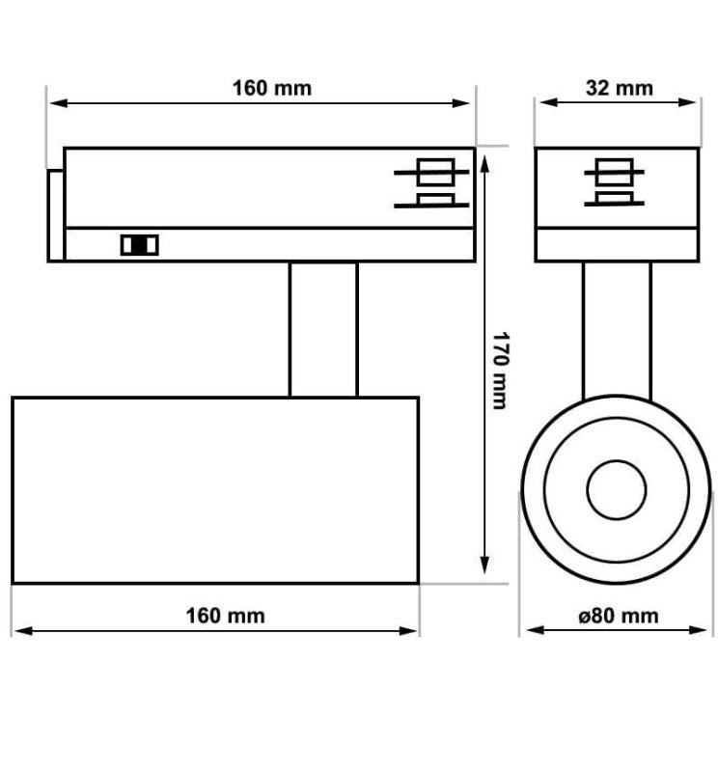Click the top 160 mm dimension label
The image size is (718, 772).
[271, 89]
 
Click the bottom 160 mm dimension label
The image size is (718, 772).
[225, 616]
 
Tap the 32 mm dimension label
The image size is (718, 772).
[619, 89]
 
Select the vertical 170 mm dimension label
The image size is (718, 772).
[501, 371]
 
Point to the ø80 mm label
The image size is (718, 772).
[618, 616]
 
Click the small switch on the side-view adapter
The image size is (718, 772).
[139, 245]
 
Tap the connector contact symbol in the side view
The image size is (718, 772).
[431, 183]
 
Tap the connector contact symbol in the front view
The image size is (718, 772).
[614, 182]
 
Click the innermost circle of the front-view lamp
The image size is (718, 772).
[616, 490]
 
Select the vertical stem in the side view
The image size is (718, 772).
[323, 329]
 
